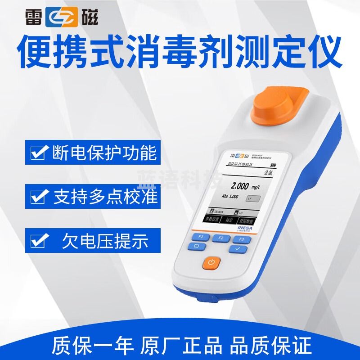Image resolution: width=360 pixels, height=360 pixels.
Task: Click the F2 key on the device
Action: pos(220,238)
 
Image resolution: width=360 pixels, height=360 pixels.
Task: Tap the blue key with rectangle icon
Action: pos(196,247)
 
